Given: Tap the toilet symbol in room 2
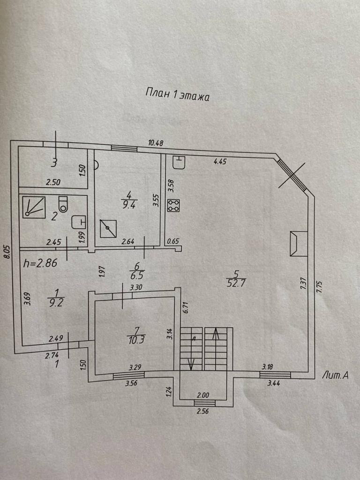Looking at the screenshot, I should pos(63,204).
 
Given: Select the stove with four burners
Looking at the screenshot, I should pos(174,205).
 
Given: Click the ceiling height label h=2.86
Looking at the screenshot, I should pos(40,263).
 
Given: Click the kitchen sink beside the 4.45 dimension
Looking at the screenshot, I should pos(179,162).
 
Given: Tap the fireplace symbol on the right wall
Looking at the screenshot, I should pos(297,244).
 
